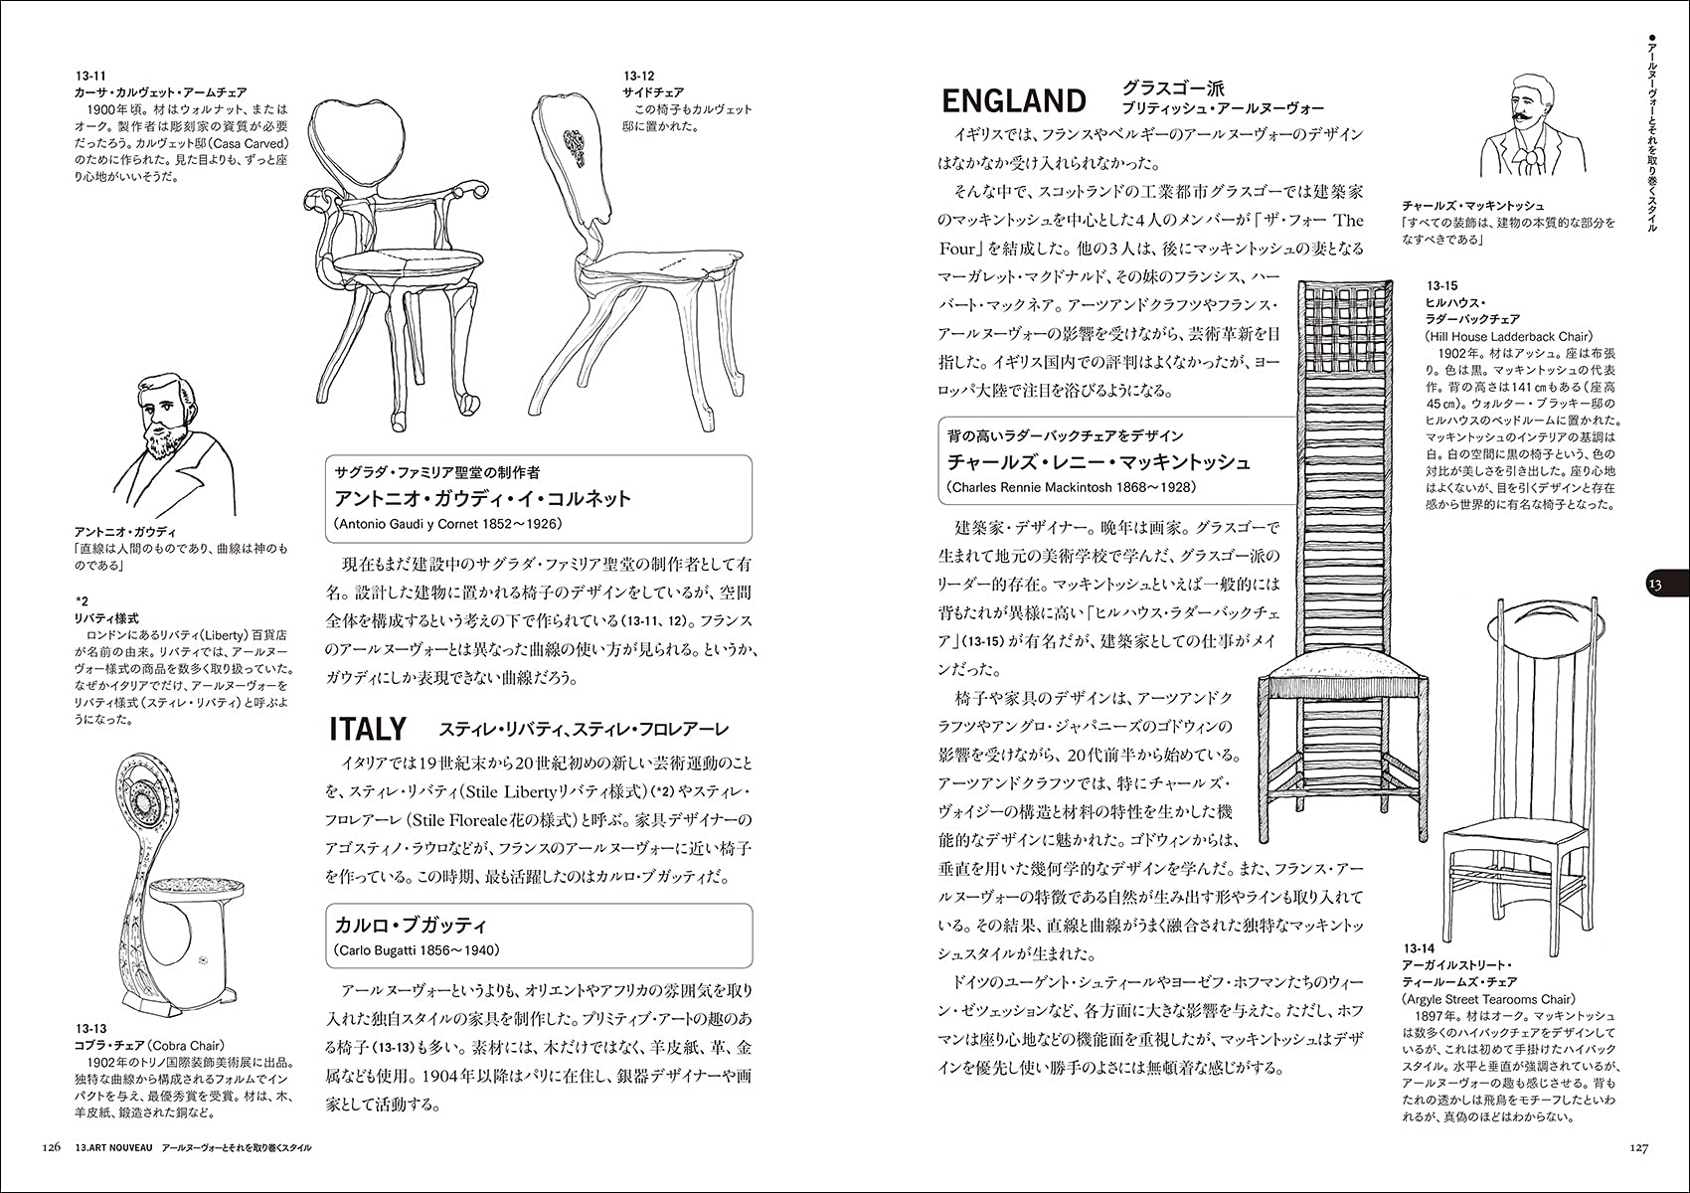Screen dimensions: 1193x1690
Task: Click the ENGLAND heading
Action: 1013,101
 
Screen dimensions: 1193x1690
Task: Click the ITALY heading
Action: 367,729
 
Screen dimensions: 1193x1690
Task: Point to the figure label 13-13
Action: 90,1028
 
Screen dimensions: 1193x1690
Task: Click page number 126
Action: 53,1147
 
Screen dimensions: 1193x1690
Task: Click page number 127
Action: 1639,1147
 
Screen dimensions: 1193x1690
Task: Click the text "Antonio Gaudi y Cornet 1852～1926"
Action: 447,524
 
